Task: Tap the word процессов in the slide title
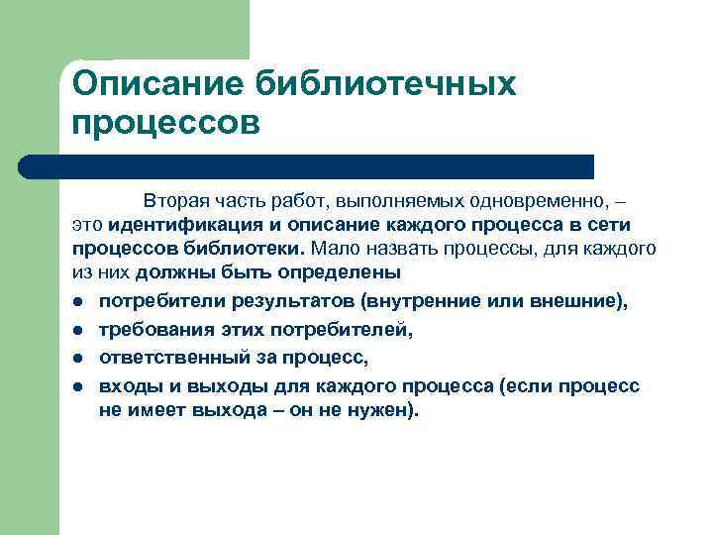pyautogui.click(x=165, y=125)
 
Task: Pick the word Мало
pyautogui.click(x=334, y=248)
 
